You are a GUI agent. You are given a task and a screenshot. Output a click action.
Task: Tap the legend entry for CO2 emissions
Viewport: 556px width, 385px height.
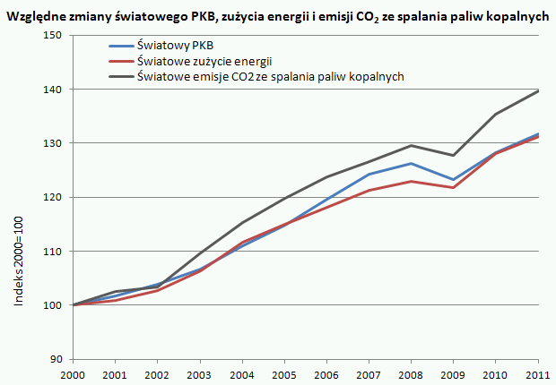(269, 77)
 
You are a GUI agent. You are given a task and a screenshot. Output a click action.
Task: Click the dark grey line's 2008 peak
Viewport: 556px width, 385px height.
(410, 145)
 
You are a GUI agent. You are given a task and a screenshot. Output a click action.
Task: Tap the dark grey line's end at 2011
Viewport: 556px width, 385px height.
(538, 90)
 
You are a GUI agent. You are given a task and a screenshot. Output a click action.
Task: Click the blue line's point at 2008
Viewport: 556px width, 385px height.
(410, 163)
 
